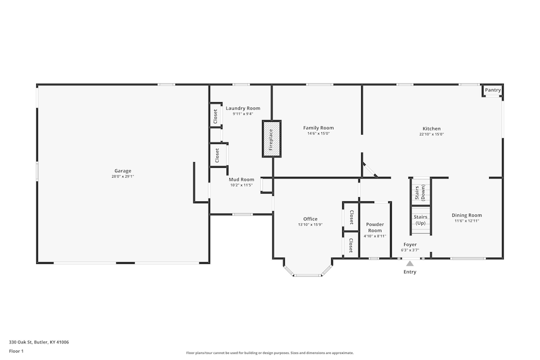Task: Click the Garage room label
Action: tap(122, 171)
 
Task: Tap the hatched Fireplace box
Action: tap(272, 139)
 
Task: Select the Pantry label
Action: tap(493, 90)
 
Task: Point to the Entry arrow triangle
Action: tap(410, 263)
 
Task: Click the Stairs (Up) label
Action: tap(421, 220)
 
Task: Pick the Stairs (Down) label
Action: tap(420, 193)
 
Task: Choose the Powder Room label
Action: tap(375, 227)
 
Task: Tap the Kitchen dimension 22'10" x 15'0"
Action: tap(432, 134)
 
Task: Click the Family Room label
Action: tap(318, 128)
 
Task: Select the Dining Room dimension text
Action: tap(467, 221)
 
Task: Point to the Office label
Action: tap(310, 219)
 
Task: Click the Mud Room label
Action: tap(241, 179)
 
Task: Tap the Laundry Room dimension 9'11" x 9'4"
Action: tap(243, 114)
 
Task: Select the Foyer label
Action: tap(410, 245)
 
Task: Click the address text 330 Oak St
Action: tap(21, 342)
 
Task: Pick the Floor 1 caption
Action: tap(16, 351)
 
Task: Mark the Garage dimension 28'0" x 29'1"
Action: tap(122, 176)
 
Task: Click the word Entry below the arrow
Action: tap(410, 272)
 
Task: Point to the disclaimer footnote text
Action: tap(269, 353)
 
